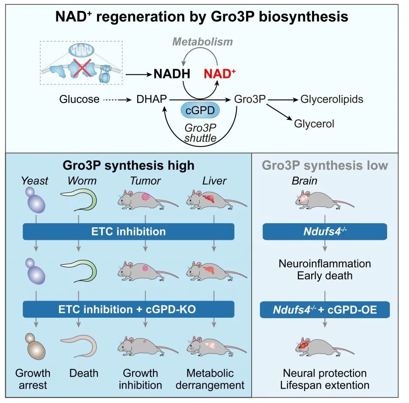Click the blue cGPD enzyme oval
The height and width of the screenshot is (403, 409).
200,110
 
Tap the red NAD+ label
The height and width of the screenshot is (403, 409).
219,74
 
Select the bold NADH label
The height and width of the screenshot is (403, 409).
172,74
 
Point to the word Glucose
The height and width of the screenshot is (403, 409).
79,99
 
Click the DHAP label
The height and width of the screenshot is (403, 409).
152,99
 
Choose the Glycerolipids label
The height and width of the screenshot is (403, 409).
332,99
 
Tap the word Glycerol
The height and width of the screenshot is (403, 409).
314,124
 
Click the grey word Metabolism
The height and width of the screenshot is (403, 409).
202,42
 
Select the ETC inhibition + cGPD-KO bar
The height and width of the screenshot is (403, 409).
128,309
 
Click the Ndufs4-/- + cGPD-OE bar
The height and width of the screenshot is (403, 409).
325,310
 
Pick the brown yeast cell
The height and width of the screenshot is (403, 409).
35,346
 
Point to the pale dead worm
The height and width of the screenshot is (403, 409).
79,347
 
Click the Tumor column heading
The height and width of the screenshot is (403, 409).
145,181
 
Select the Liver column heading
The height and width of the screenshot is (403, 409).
215,181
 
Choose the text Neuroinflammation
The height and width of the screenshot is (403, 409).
325,263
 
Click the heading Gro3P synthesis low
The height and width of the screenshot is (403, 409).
325,165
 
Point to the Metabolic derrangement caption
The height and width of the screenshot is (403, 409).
210,379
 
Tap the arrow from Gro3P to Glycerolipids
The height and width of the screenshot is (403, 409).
283,99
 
